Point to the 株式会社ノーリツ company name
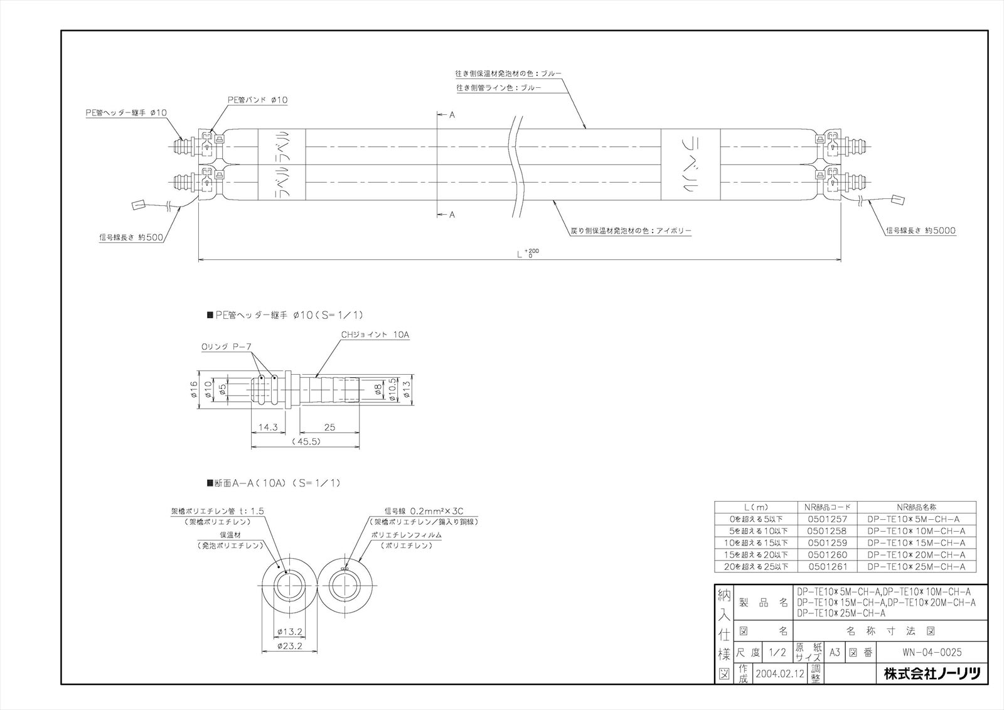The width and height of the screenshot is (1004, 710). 931,674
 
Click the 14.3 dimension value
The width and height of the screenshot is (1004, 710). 268,427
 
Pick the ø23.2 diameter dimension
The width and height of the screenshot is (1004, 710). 291,645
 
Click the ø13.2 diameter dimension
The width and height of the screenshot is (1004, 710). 291,632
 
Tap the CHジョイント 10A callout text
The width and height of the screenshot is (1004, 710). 375,335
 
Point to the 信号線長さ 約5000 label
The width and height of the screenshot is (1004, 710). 921,230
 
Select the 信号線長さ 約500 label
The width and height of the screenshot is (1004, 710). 128,237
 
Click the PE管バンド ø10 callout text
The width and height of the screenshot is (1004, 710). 257,100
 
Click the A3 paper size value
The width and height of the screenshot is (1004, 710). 835,652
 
